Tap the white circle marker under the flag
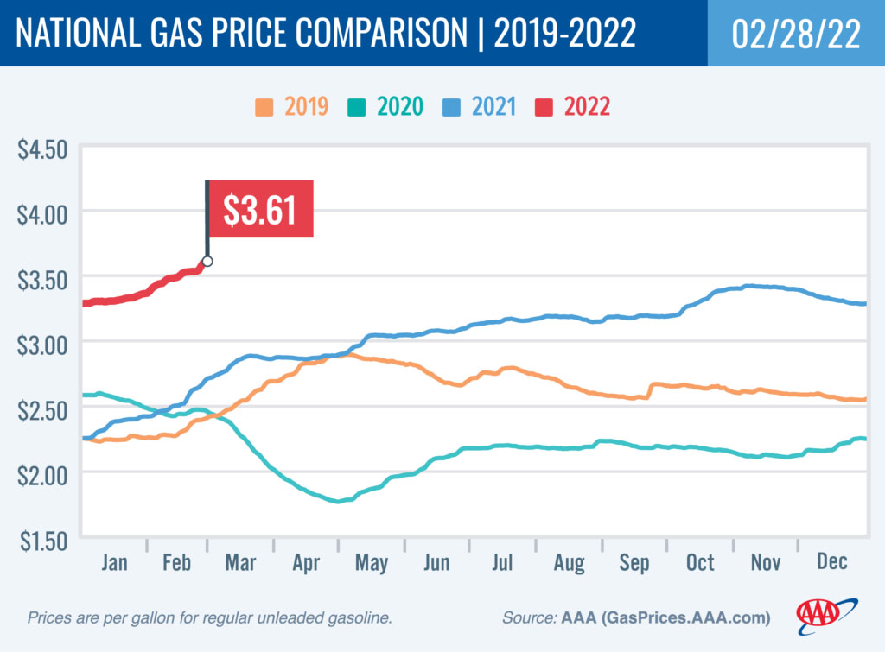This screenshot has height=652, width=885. [x=207, y=261]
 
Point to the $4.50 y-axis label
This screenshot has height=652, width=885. [x=42, y=149]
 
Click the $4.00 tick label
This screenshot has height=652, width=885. [x=42, y=213]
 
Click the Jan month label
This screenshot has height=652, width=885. [x=115, y=562]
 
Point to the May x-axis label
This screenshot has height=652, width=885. [x=371, y=562]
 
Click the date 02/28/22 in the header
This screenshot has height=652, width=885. [x=796, y=33]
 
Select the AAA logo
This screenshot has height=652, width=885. [x=826, y=612]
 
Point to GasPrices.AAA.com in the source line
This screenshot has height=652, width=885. [x=678, y=618]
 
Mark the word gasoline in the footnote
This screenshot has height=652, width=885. [x=362, y=618]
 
